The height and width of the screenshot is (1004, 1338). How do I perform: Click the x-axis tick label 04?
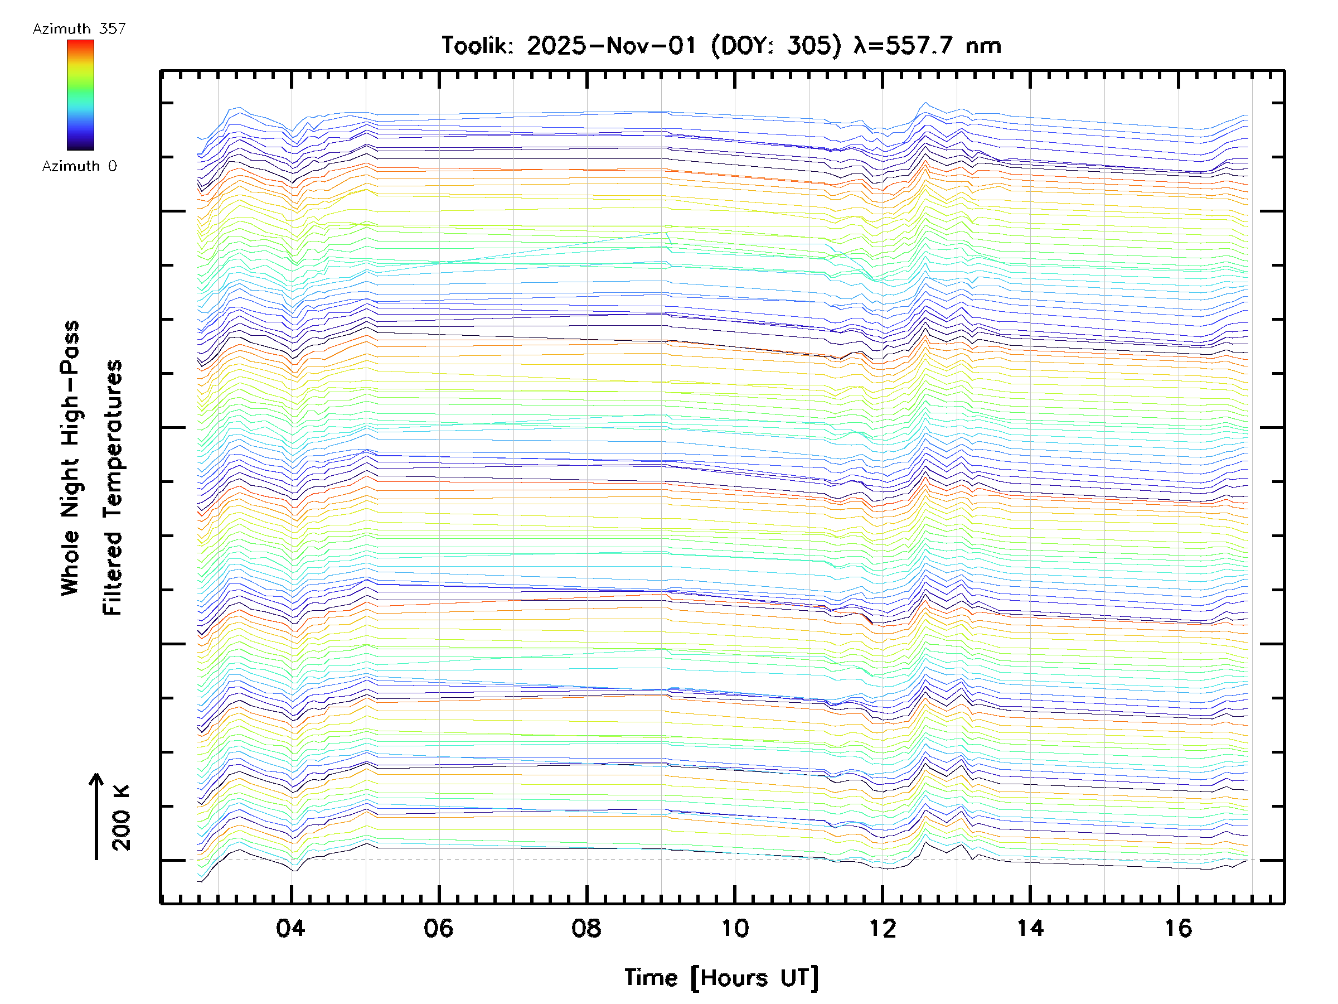pyautogui.click(x=290, y=928)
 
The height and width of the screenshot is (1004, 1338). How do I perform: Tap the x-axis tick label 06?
pyautogui.click(x=438, y=928)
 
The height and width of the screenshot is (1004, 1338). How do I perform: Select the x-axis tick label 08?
pyautogui.click(x=586, y=928)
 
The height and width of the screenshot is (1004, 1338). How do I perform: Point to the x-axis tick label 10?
pyautogui.click(x=734, y=928)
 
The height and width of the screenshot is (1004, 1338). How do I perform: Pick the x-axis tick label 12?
pyautogui.click(x=882, y=928)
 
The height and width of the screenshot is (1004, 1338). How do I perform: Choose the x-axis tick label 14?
pyautogui.click(x=1030, y=928)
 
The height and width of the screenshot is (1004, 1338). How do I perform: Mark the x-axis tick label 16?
pyautogui.click(x=1177, y=928)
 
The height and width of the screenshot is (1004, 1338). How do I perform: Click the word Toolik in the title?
pyautogui.click(x=477, y=46)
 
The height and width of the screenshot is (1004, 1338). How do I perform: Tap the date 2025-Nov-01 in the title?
pyautogui.click(x=612, y=46)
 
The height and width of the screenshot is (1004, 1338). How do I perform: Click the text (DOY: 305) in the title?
pyautogui.click(x=776, y=46)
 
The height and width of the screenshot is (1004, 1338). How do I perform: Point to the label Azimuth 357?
pyautogui.click(x=79, y=29)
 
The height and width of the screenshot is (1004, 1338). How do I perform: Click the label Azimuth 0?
pyautogui.click(x=79, y=166)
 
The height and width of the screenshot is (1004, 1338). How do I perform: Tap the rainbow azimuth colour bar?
pyautogui.click(x=80, y=95)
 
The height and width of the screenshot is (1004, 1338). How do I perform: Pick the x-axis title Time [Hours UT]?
pyautogui.click(x=721, y=978)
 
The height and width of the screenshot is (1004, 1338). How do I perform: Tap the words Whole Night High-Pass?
pyautogui.click(x=70, y=458)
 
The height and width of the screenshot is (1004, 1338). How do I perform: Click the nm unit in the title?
pyautogui.click(x=983, y=46)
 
